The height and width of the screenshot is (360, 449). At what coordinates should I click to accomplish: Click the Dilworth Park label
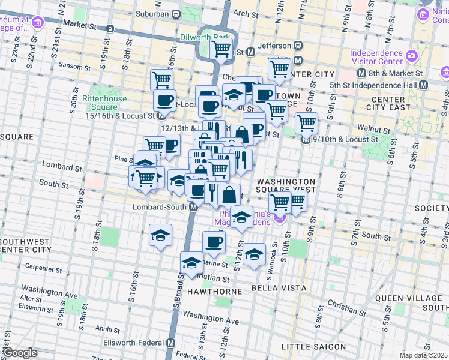pyautogui.click(x=205, y=37)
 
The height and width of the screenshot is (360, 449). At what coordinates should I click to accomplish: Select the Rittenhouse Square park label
pyautogui.click(x=104, y=103)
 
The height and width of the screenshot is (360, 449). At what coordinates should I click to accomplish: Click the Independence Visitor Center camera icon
pyautogui.click(x=412, y=57)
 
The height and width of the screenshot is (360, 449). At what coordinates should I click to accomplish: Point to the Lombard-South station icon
pyautogui.click(x=194, y=207)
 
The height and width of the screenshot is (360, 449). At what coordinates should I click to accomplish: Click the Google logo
pyautogui.click(x=19, y=353)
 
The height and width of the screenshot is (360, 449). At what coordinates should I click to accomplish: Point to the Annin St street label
pyautogui.click(x=107, y=329)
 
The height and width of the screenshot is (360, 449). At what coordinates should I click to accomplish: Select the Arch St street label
pyautogui.click(x=244, y=13)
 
